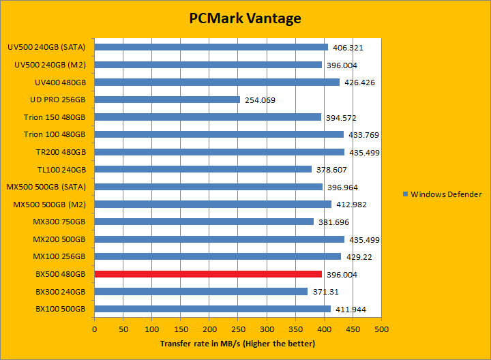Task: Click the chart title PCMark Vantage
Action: tap(245, 18)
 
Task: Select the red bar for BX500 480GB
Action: tap(207, 274)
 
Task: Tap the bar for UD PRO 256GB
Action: tap(167, 100)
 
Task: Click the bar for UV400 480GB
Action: tap(217, 82)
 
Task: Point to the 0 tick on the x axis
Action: tap(95, 329)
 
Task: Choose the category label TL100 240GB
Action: tap(61, 170)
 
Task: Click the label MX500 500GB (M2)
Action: tap(50, 205)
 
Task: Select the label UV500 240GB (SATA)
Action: tap(46, 48)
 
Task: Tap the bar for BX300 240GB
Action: tap(200, 292)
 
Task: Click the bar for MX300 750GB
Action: tap(204, 222)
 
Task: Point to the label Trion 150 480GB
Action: tap(55, 117)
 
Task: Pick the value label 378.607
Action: tap(332, 170)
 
